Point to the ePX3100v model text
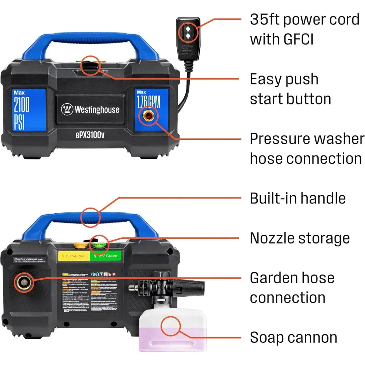[x=90, y=134]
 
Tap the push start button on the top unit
[x=90, y=66]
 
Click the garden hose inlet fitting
[x=22, y=282]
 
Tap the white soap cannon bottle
[x=170, y=330]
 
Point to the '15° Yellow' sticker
[x=73, y=256]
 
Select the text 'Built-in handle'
[x=297, y=198]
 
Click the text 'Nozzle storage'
[x=300, y=238]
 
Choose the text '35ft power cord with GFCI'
[x=304, y=29]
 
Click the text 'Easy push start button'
[x=290, y=89]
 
